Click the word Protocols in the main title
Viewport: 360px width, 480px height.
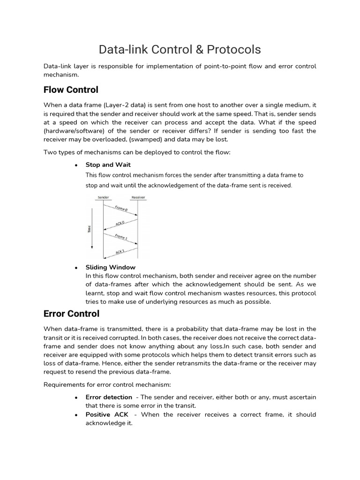(231, 50)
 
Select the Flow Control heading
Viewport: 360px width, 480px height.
(71, 89)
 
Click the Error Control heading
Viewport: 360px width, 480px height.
(71, 313)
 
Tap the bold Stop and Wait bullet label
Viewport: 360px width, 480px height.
(108, 165)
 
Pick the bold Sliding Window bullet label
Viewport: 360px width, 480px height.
(110, 267)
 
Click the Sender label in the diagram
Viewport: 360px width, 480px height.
(103, 197)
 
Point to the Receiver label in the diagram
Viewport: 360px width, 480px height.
(138, 197)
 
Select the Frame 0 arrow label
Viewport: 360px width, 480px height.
(121, 208)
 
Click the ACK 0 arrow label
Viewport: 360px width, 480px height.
(120, 223)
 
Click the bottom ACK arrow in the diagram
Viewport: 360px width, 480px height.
(120, 252)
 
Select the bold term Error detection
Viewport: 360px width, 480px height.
(109, 397)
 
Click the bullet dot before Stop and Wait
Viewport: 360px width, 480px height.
(75, 165)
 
